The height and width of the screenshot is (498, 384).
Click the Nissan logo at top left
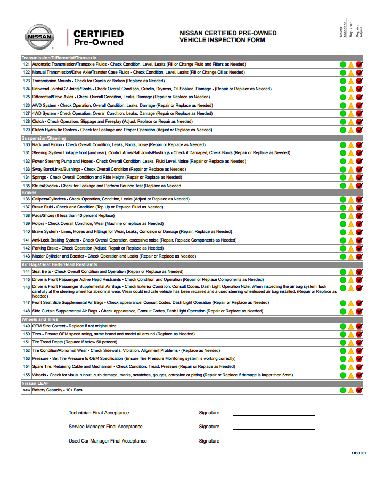click(39, 37)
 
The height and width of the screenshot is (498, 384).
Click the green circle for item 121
click(343, 65)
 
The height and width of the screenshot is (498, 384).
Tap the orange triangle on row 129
click(351, 130)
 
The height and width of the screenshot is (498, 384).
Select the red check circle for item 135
click(360, 186)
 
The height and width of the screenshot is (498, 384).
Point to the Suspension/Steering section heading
click(44, 138)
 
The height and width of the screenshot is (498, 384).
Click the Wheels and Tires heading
click(39, 319)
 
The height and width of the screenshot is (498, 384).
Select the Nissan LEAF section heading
click(36, 383)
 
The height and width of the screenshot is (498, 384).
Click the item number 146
click(26, 287)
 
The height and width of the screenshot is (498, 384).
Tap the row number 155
click(26, 375)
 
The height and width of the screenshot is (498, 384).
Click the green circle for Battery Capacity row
click(343, 390)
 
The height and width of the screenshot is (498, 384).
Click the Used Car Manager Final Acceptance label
click(108, 441)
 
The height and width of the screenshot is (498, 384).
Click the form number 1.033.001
click(358, 453)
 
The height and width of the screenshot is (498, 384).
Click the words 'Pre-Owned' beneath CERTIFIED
click(99, 42)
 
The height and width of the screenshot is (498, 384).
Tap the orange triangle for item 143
click(351, 256)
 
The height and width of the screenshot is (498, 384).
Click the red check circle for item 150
click(360, 334)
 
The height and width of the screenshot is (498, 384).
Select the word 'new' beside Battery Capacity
click(26, 390)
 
